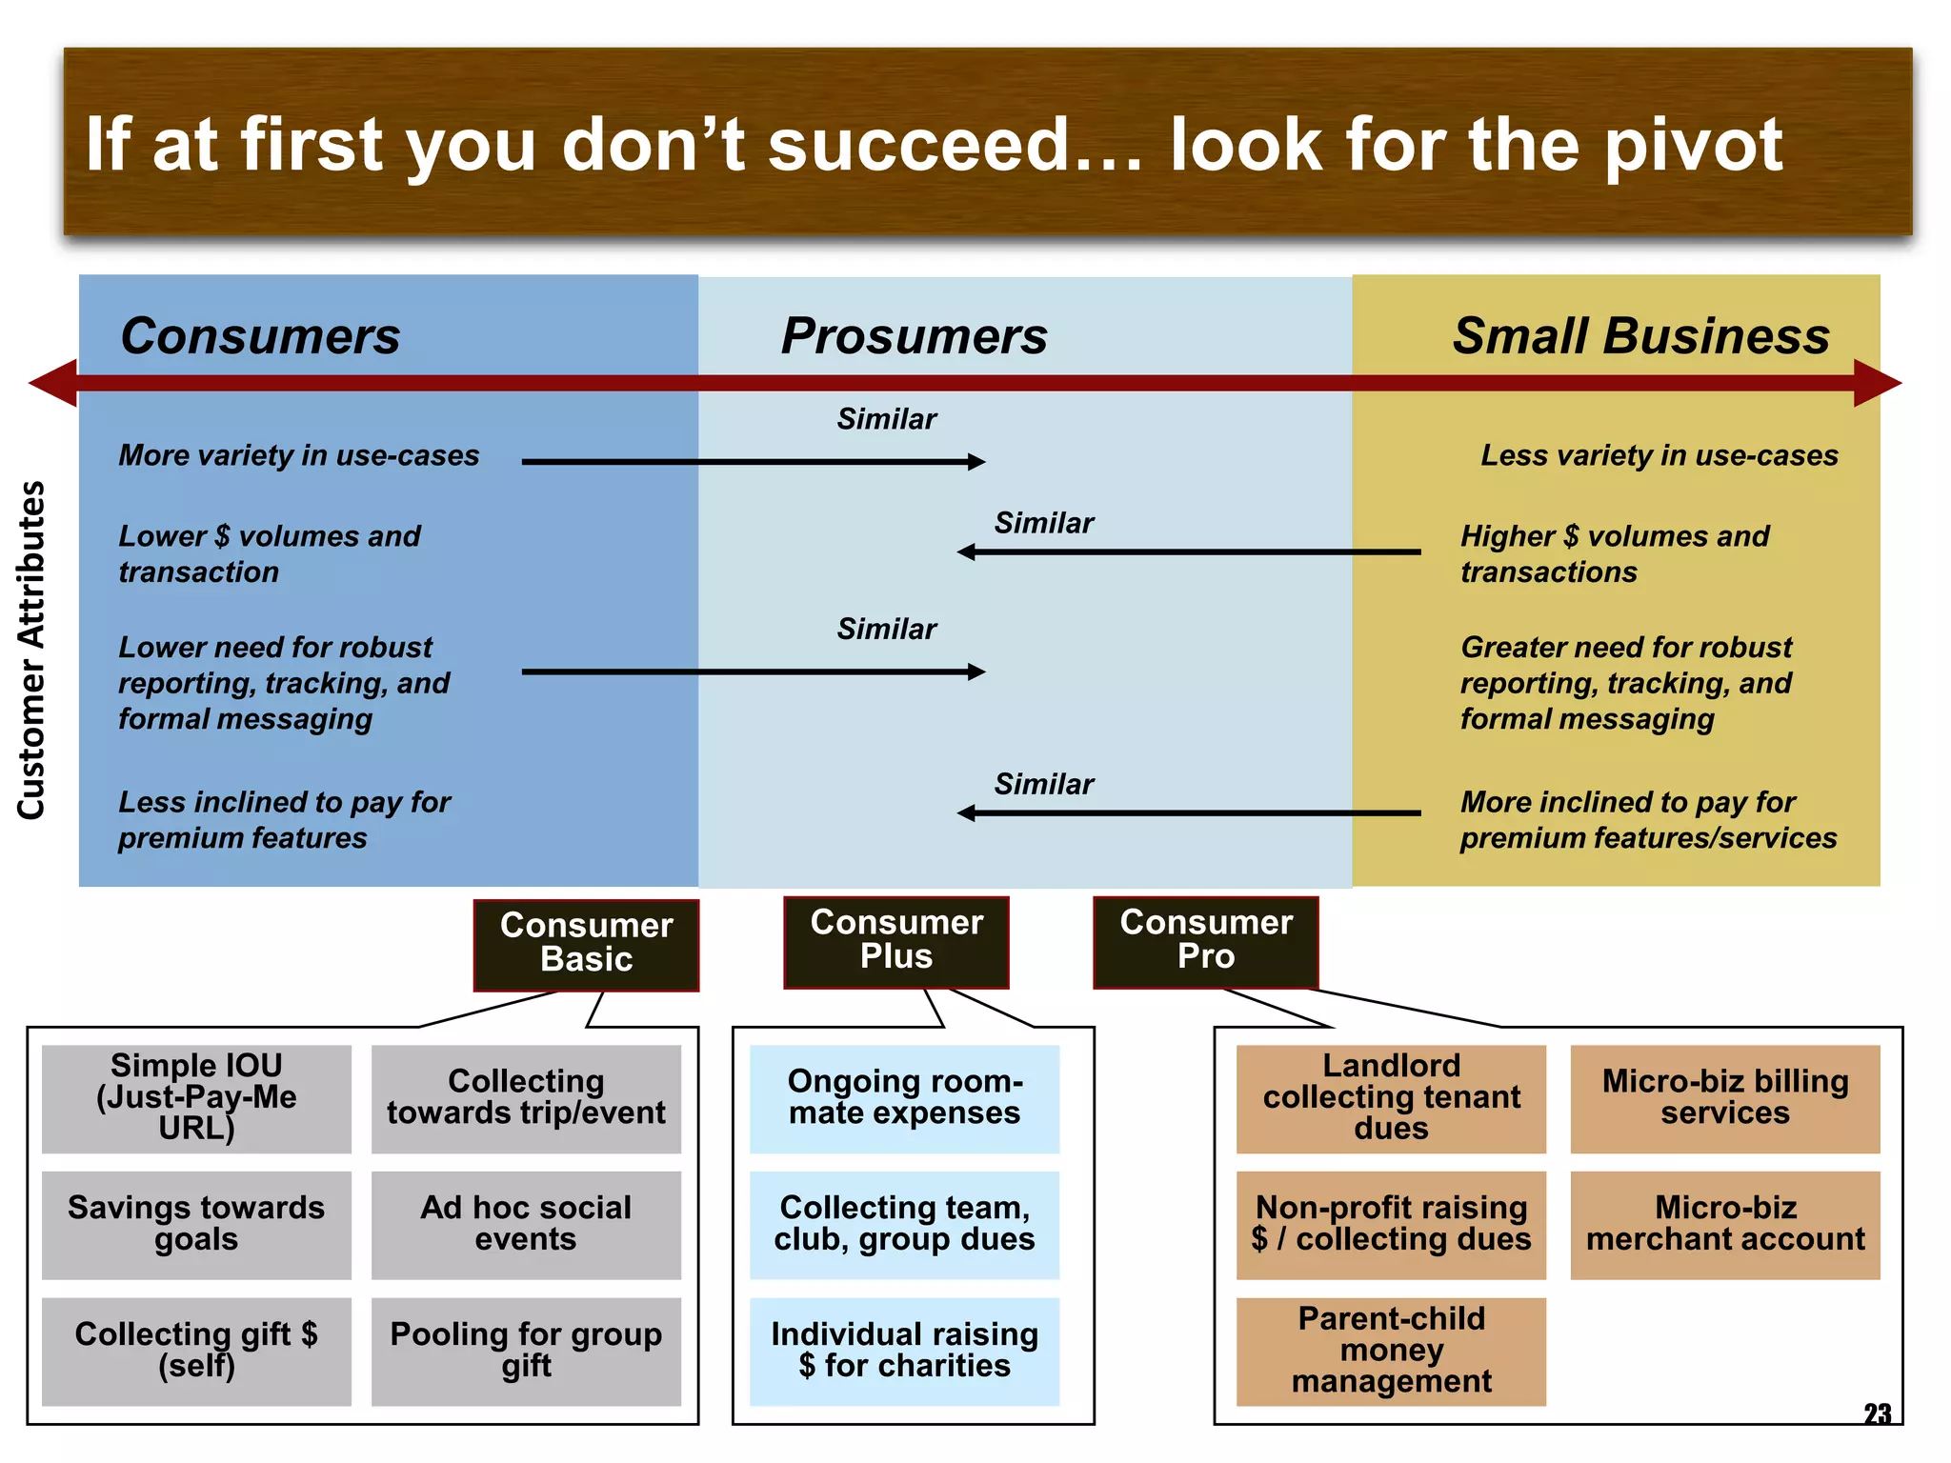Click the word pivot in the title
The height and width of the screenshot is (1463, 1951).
pyautogui.click(x=1693, y=146)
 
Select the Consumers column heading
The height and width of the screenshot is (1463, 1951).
pyautogui.click(x=260, y=336)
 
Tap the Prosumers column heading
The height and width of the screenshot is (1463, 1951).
pyautogui.click(x=914, y=336)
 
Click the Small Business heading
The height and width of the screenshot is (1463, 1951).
pyautogui.click(x=1640, y=336)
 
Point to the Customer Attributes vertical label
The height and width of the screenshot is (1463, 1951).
pyautogui.click(x=31, y=650)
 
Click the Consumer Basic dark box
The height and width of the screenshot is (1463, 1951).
pyautogui.click(x=586, y=943)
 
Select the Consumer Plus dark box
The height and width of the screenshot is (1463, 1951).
pyautogui.click(x=895, y=940)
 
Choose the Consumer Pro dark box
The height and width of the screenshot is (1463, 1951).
pyautogui.click(x=1205, y=940)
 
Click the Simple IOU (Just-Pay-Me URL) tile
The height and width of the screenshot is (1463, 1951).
pyautogui.click(x=196, y=1097)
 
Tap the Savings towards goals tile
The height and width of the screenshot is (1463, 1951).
pyautogui.click(x=196, y=1224)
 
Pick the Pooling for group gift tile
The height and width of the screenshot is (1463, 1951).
pyautogui.click(x=526, y=1351)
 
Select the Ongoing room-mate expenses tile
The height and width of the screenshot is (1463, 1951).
pyautogui.click(x=904, y=1097)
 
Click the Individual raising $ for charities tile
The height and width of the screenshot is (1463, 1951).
pyautogui.click(x=904, y=1351)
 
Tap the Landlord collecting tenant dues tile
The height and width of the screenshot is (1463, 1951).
pyautogui.click(x=1390, y=1097)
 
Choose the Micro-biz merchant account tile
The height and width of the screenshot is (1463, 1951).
pyautogui.click(x=1724, y=1224)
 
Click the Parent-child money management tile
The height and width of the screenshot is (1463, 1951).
pyautogui.click(x=1390, y=1351)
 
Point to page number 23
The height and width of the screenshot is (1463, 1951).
pyautogui.click(x=1877, y=1413)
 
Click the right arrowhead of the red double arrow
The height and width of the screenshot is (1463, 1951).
pyautogui.click(x=1877, y=383)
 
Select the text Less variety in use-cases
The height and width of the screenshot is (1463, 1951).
pyautogui.click(x=1659, y=455)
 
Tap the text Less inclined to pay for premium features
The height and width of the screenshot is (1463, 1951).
pyautogui.click(x=284, y=820)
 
